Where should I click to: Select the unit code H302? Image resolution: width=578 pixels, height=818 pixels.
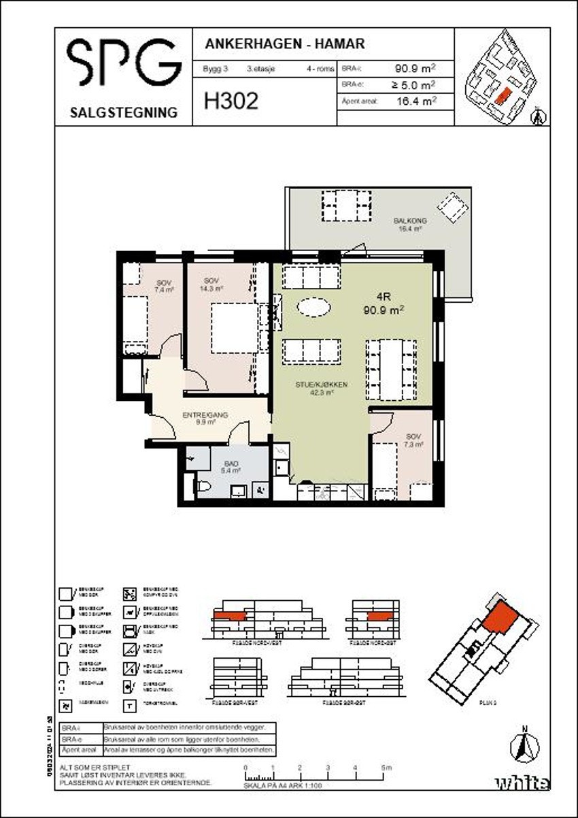pyautogui.click(x=231, y=102)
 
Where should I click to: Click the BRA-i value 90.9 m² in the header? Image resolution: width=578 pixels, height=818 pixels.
pyautogui.click(x=415, y=69)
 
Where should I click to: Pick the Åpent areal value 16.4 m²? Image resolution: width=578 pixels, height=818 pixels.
pyautogui.click(x=415, y=102)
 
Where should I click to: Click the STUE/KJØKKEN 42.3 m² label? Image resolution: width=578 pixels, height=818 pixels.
pyautogui.click(x=312, y=388)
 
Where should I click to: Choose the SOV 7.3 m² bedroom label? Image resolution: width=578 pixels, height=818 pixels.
pyautogui.click(x=413, y=440)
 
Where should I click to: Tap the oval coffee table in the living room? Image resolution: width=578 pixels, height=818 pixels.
pyautogui.click(x=315, y=308)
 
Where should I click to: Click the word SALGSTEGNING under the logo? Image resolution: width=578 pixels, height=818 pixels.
pyautogui.click(x=123, y=113)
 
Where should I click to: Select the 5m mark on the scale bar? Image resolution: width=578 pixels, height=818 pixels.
pyautogui.click(x=386, y=768)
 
